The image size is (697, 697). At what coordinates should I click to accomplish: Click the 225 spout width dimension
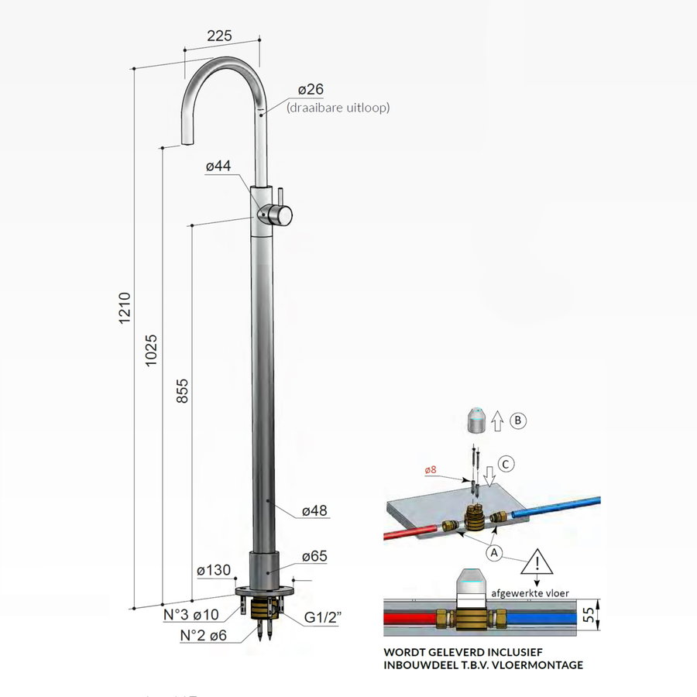pyautogui.click(x=221, y=35)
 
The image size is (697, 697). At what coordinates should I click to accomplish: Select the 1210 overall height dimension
pyautogui.click(x=125, y=308)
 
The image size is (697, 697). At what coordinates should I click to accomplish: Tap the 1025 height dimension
pyautogui.click(x=152, y=351)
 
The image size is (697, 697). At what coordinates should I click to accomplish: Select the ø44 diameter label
pyautogui.click(x=220, y=167)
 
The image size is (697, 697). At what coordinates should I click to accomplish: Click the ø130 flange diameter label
pyautogui.click(x=214, y=571)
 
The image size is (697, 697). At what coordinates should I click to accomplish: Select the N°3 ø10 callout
pyautogui.click(x=196, y=616)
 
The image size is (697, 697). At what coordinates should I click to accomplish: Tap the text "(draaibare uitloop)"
pyautogui.click(x=338, y=108)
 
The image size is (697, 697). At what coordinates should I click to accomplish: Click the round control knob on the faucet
pyautogui.click(x=280, y=215)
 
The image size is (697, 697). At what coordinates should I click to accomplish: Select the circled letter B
pyautogui.click(x=518, y=422)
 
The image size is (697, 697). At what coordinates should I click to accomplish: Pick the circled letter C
pyautogui.click(x=505, y=465)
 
